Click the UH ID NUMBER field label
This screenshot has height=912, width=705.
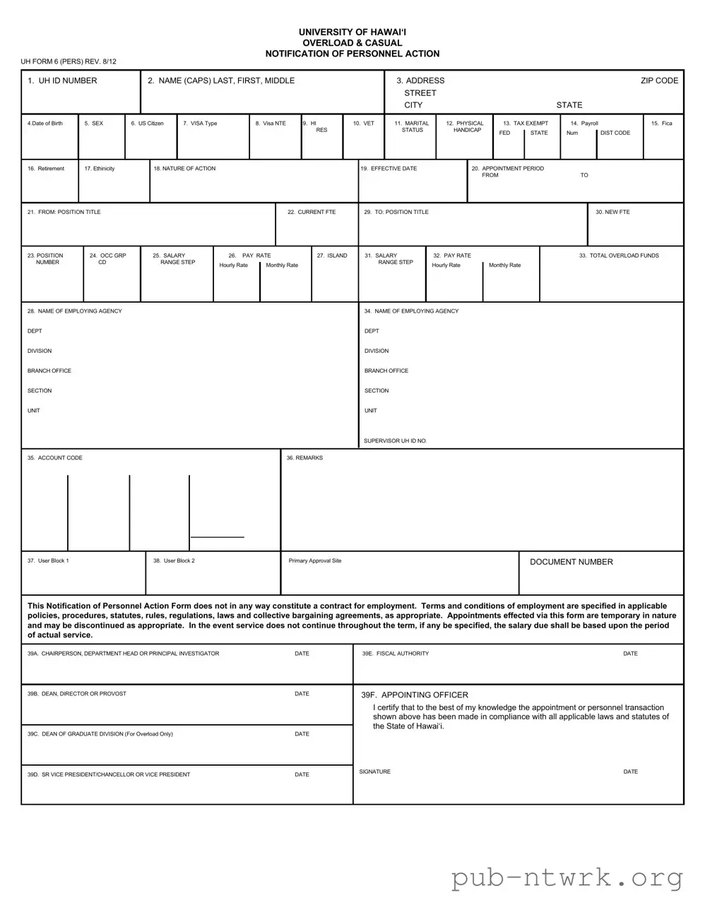point(62,80)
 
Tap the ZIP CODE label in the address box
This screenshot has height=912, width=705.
point(659,80)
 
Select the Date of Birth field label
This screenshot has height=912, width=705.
point(45,124)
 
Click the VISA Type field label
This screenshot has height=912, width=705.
point(200,124)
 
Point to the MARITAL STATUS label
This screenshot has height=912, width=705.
point(412,126)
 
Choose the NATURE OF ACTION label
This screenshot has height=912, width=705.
point(184,169)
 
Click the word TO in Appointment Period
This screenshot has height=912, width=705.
point(584,175)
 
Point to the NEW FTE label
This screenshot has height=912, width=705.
point(612,212)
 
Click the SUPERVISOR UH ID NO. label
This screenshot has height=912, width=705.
point(395,441)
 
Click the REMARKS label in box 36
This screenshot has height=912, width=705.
point(304,458)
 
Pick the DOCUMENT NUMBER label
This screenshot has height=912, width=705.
point(571,562)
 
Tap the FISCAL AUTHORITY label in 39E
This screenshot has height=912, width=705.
point(396,654)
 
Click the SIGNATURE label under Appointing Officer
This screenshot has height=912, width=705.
point(374,772)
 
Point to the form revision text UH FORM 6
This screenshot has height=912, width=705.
point(69,61)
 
